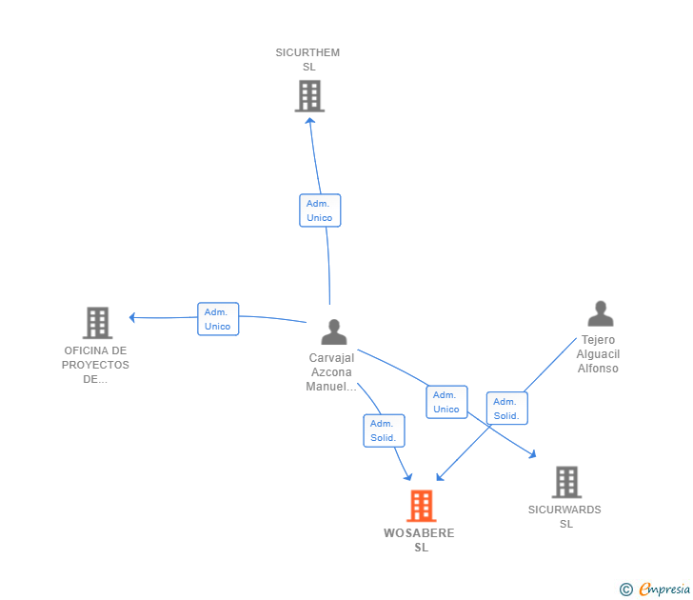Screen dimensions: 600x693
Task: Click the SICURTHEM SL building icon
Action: [309, 96]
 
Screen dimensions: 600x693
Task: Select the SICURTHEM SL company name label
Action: [307, 60]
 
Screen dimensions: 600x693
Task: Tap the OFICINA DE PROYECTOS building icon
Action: [97, 323]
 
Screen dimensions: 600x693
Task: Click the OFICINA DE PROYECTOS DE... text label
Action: [95, 365]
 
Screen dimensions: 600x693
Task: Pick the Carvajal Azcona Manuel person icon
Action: [334, 331]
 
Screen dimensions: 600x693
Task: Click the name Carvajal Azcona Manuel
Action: [331, 372]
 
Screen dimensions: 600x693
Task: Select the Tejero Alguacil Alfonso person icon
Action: [600, 313]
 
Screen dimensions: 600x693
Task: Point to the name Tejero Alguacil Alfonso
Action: [598, 354]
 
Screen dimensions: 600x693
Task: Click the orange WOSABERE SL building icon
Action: [421, 506]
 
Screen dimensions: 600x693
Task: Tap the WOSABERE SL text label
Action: [420, 540]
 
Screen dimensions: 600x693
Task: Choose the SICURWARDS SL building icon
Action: [566, 482]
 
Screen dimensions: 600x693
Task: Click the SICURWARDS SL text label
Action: [564, 516]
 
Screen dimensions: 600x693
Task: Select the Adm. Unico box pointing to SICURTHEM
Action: [320, 210]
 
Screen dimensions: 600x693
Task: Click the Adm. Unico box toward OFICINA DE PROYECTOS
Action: [218, 319]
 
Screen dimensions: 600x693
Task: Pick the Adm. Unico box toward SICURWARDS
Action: [446, 402]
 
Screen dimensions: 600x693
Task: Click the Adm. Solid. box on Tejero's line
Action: [506, 409]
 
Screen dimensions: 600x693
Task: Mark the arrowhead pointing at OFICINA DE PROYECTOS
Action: [133, 317]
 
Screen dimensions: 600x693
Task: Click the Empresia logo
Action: [655, 590]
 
